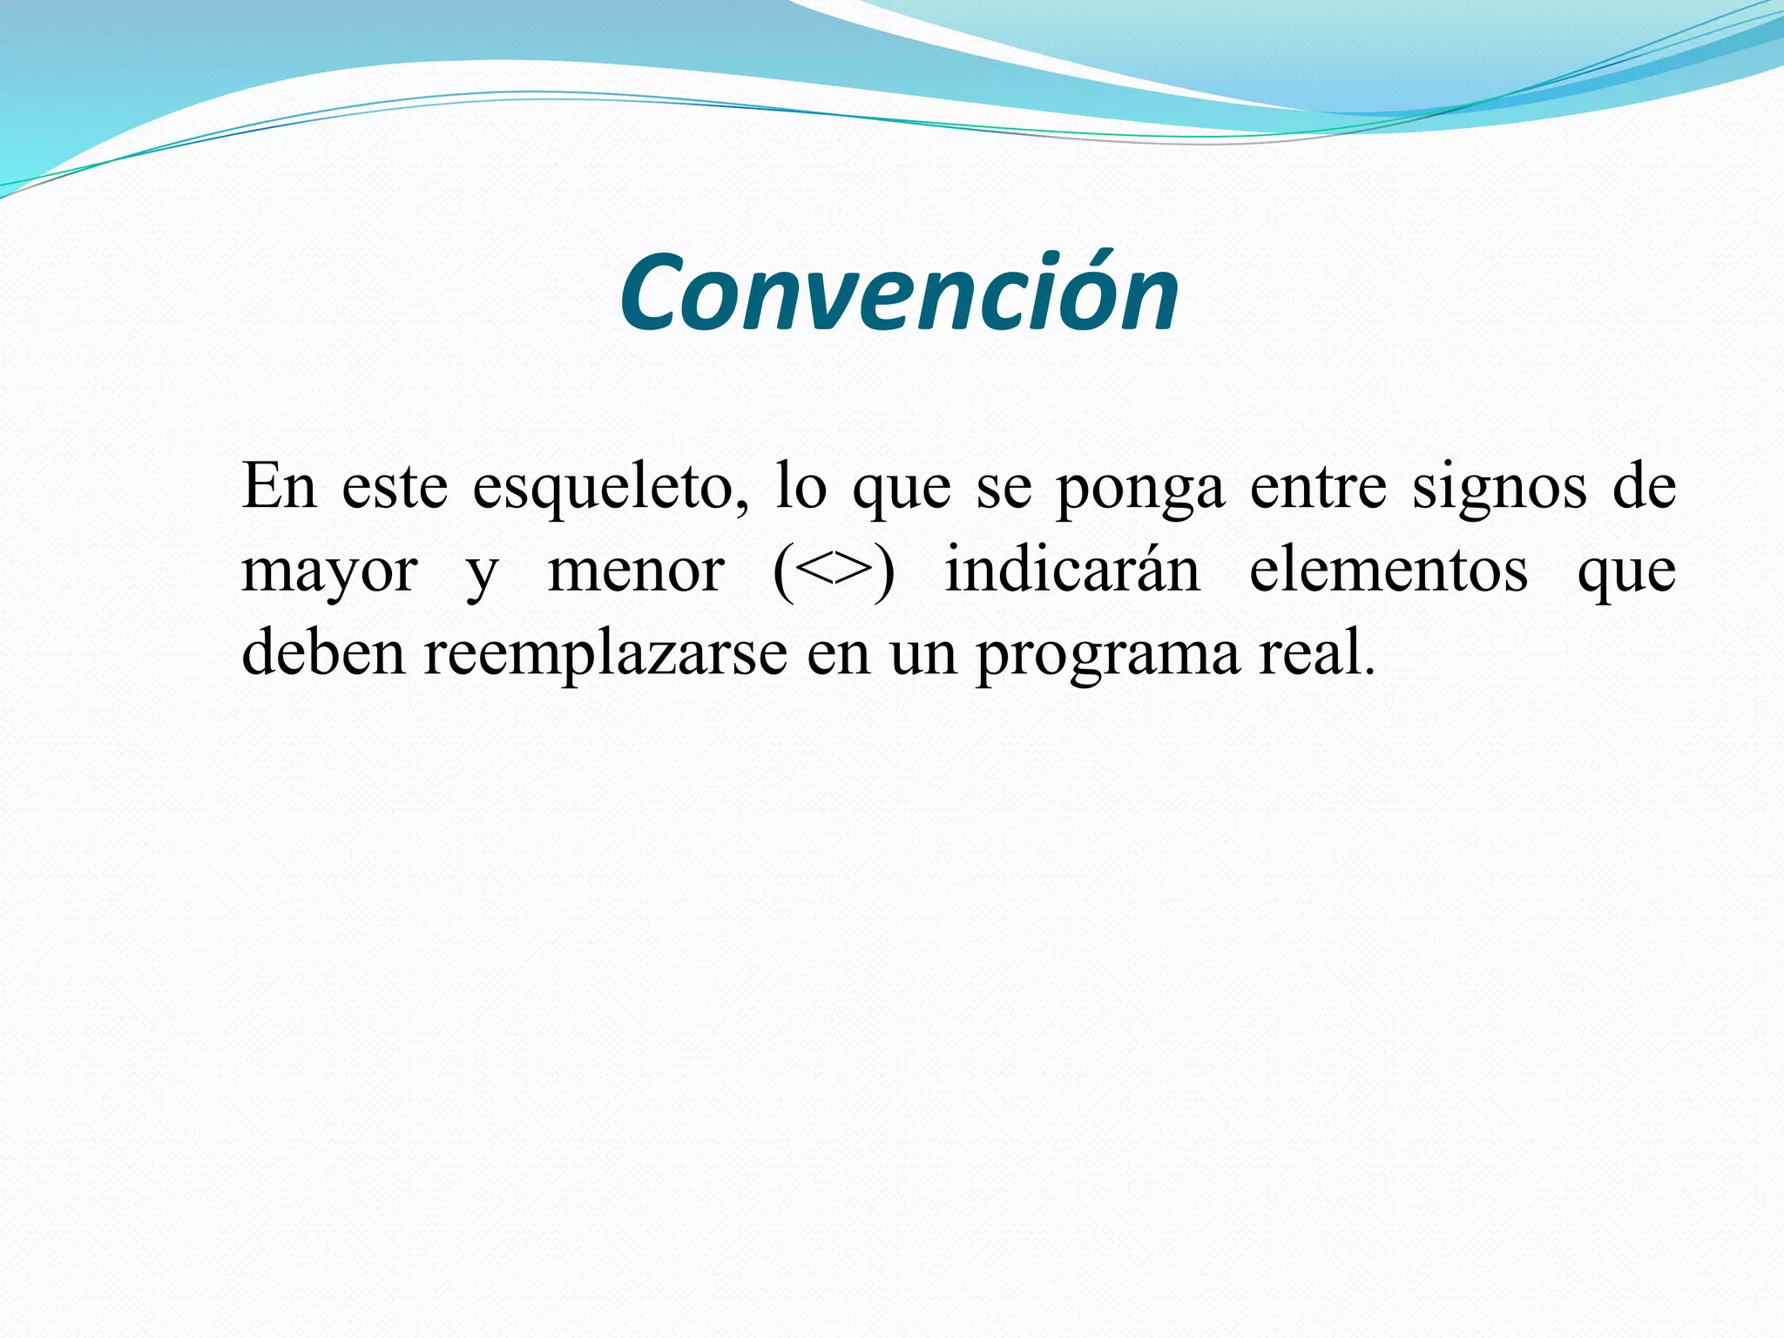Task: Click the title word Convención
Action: click(x=899, y=294)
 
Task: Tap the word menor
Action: click(x=636, y=571)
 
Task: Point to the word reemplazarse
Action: click(x=605, y=653)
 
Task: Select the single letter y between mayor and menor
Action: click(x=482, y=577)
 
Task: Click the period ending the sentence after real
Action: click(x=1368, y=672)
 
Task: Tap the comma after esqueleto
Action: click(x=741, y=505)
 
